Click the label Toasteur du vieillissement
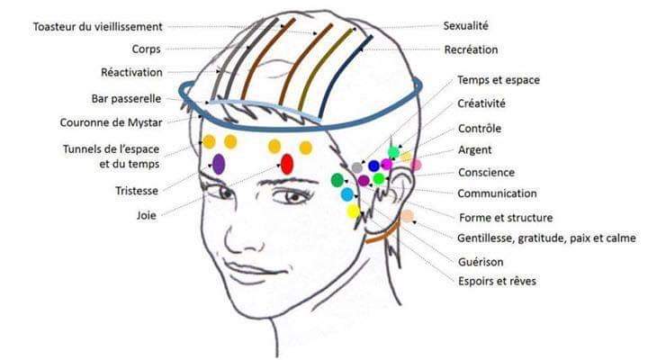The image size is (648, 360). [x=97, y=27]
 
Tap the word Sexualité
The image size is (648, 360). [x=466, y=25]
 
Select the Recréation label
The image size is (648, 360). [x=471, y=49]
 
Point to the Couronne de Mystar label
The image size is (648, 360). [x=112, y=122]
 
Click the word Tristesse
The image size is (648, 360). [x=137, y=191]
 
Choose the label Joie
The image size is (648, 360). [x=147, y=215]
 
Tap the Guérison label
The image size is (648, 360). [x=481, y=262]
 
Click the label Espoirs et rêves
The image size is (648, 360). [x=497, y=282]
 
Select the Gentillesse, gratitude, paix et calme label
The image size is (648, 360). [x=546, y=238]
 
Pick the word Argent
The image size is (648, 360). [x=475, y=150]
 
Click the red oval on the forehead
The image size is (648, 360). [x=287, y=164]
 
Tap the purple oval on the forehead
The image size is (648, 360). [x=219, y=164]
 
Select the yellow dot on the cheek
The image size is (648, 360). [x=353, y=211]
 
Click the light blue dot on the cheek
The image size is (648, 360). [x=347, y=194]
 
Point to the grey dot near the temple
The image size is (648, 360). [x=357, y=167]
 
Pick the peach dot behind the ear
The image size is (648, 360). [x=408, y=216]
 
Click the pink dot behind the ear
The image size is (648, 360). [x=416, y=165]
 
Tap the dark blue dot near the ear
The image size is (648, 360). [x=373, y=166]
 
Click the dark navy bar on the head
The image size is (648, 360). [x=345, y=76]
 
